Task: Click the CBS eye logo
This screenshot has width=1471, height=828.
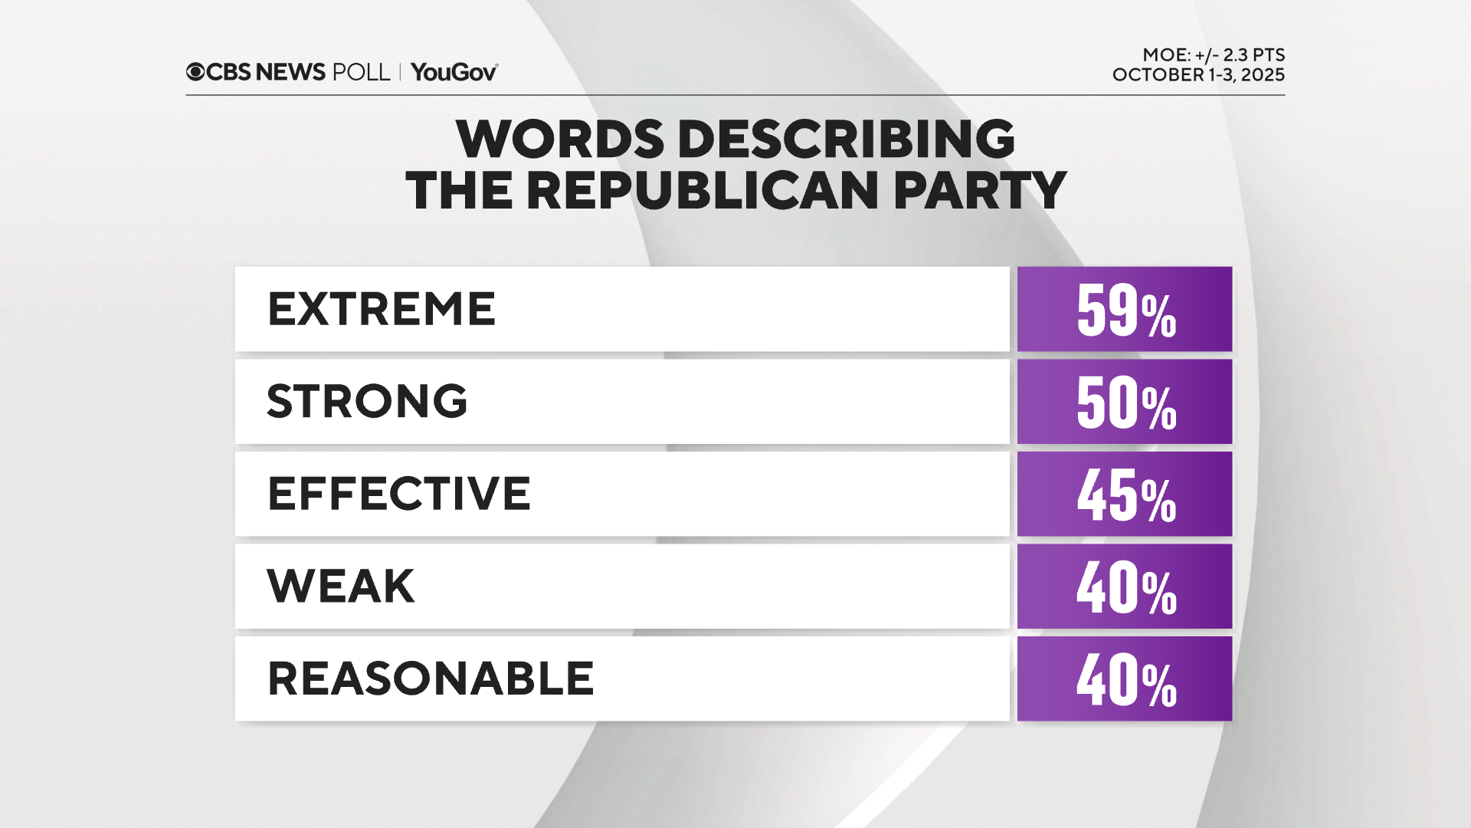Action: pos(195,72)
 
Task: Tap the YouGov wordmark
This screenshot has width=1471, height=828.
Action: pos(454,72)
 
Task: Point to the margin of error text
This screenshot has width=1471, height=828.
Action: pos(1214,55)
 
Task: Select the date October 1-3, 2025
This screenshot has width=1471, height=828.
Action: pos(1198,75)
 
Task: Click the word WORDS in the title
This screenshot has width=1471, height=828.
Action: pos(560,140)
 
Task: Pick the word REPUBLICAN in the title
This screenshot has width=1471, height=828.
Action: pos(702,190)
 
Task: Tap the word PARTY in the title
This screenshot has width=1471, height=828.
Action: pos(980,190)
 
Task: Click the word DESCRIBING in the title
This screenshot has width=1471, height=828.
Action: pos(846,140)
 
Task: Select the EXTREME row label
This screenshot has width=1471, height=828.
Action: pos(382,309)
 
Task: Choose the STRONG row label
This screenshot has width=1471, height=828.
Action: pos(367,401)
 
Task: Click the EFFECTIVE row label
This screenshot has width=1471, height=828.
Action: pos(398,493)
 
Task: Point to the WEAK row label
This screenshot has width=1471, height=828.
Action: pos(341,586)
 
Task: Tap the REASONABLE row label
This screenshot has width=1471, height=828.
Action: pos(431,678)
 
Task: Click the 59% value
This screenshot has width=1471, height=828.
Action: pos(1125,310)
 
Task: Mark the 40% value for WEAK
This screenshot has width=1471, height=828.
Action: pos(1125,588)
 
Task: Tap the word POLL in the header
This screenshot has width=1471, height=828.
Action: pos(361,72)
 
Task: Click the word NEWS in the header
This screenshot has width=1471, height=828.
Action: pos(290,72)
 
